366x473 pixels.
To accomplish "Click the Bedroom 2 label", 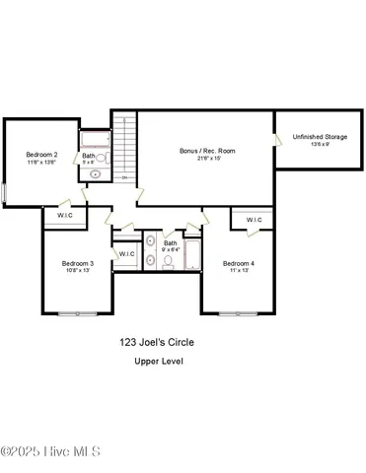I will pos(41,155).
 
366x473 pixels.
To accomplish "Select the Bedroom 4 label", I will pos(238,263).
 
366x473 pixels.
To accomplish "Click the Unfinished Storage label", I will pos(320,136).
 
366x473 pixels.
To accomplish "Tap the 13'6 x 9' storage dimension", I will pos(319,144).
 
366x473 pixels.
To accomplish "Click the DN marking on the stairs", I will pos(123,176).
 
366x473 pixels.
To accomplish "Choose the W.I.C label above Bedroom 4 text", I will pos(254,220).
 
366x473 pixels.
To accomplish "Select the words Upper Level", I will pos(159,362).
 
